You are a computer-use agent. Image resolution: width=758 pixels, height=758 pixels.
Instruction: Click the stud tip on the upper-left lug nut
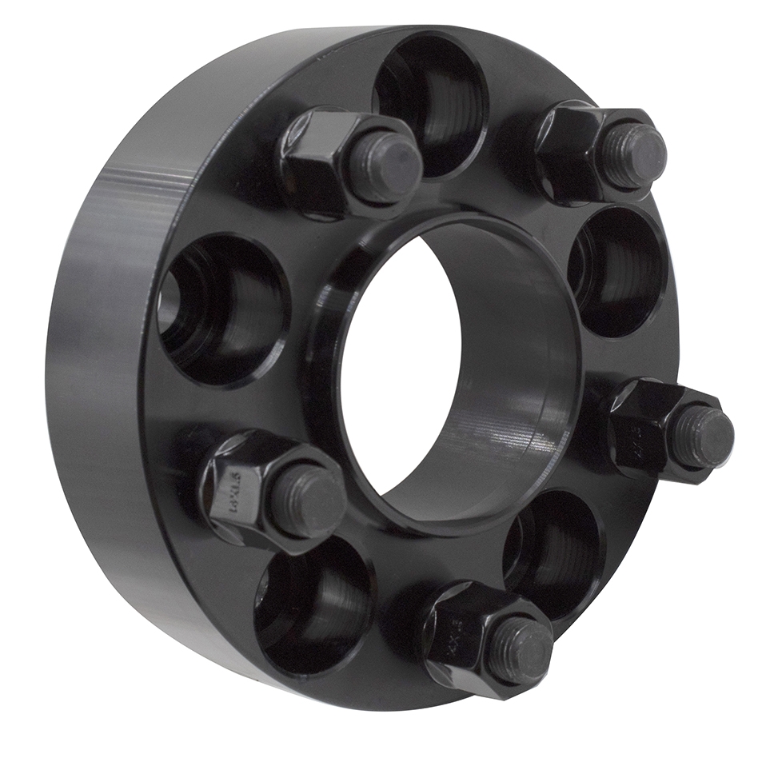coord(385,167)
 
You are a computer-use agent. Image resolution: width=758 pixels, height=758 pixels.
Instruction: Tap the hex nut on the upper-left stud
coord(316,156)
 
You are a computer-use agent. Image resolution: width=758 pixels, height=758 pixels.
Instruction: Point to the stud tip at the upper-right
coord(634,155)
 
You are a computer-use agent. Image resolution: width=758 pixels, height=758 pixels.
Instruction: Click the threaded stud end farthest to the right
coord(701,437)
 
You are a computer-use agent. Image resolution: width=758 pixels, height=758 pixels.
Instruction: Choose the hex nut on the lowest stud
coord(456,632)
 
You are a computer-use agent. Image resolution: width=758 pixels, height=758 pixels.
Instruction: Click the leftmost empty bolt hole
coord(220,308)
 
